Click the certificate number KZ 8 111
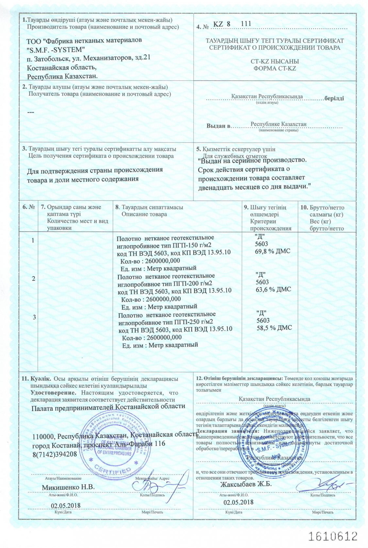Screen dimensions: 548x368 coord(232,24)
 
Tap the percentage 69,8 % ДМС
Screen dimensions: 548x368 coord(273,251)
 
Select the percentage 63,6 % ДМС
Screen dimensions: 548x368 coord(273,289)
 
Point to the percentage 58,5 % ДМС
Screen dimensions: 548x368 coord(274,328)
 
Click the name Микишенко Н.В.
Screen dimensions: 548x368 coord(68,487)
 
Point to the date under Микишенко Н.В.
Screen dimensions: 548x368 coord(66,505)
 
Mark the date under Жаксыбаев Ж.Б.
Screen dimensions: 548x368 coord(239,502)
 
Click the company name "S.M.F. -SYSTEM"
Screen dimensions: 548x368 coord(56,49)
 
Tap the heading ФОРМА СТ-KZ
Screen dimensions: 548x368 coord(275,68)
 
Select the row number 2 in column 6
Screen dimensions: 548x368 coord(34,278)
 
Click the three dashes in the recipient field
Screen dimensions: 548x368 coord(31,112)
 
